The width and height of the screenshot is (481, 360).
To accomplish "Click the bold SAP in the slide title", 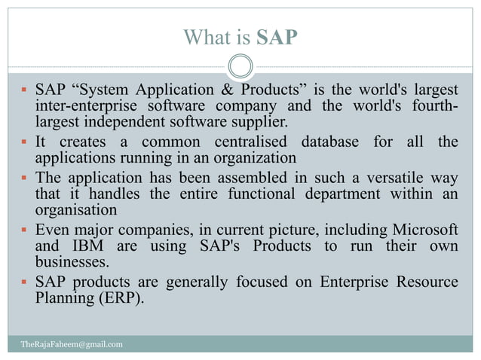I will tap(277, 37).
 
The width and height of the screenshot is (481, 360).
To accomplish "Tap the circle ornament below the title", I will tap(240, 66).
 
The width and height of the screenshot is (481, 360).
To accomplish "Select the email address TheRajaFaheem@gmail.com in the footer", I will tap(72, 344).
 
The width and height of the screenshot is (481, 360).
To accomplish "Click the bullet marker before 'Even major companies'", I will tap(24, 229).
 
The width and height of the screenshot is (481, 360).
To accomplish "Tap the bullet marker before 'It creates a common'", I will tap(24, 142).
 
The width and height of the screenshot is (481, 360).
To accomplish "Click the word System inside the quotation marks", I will tap(103, 90).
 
